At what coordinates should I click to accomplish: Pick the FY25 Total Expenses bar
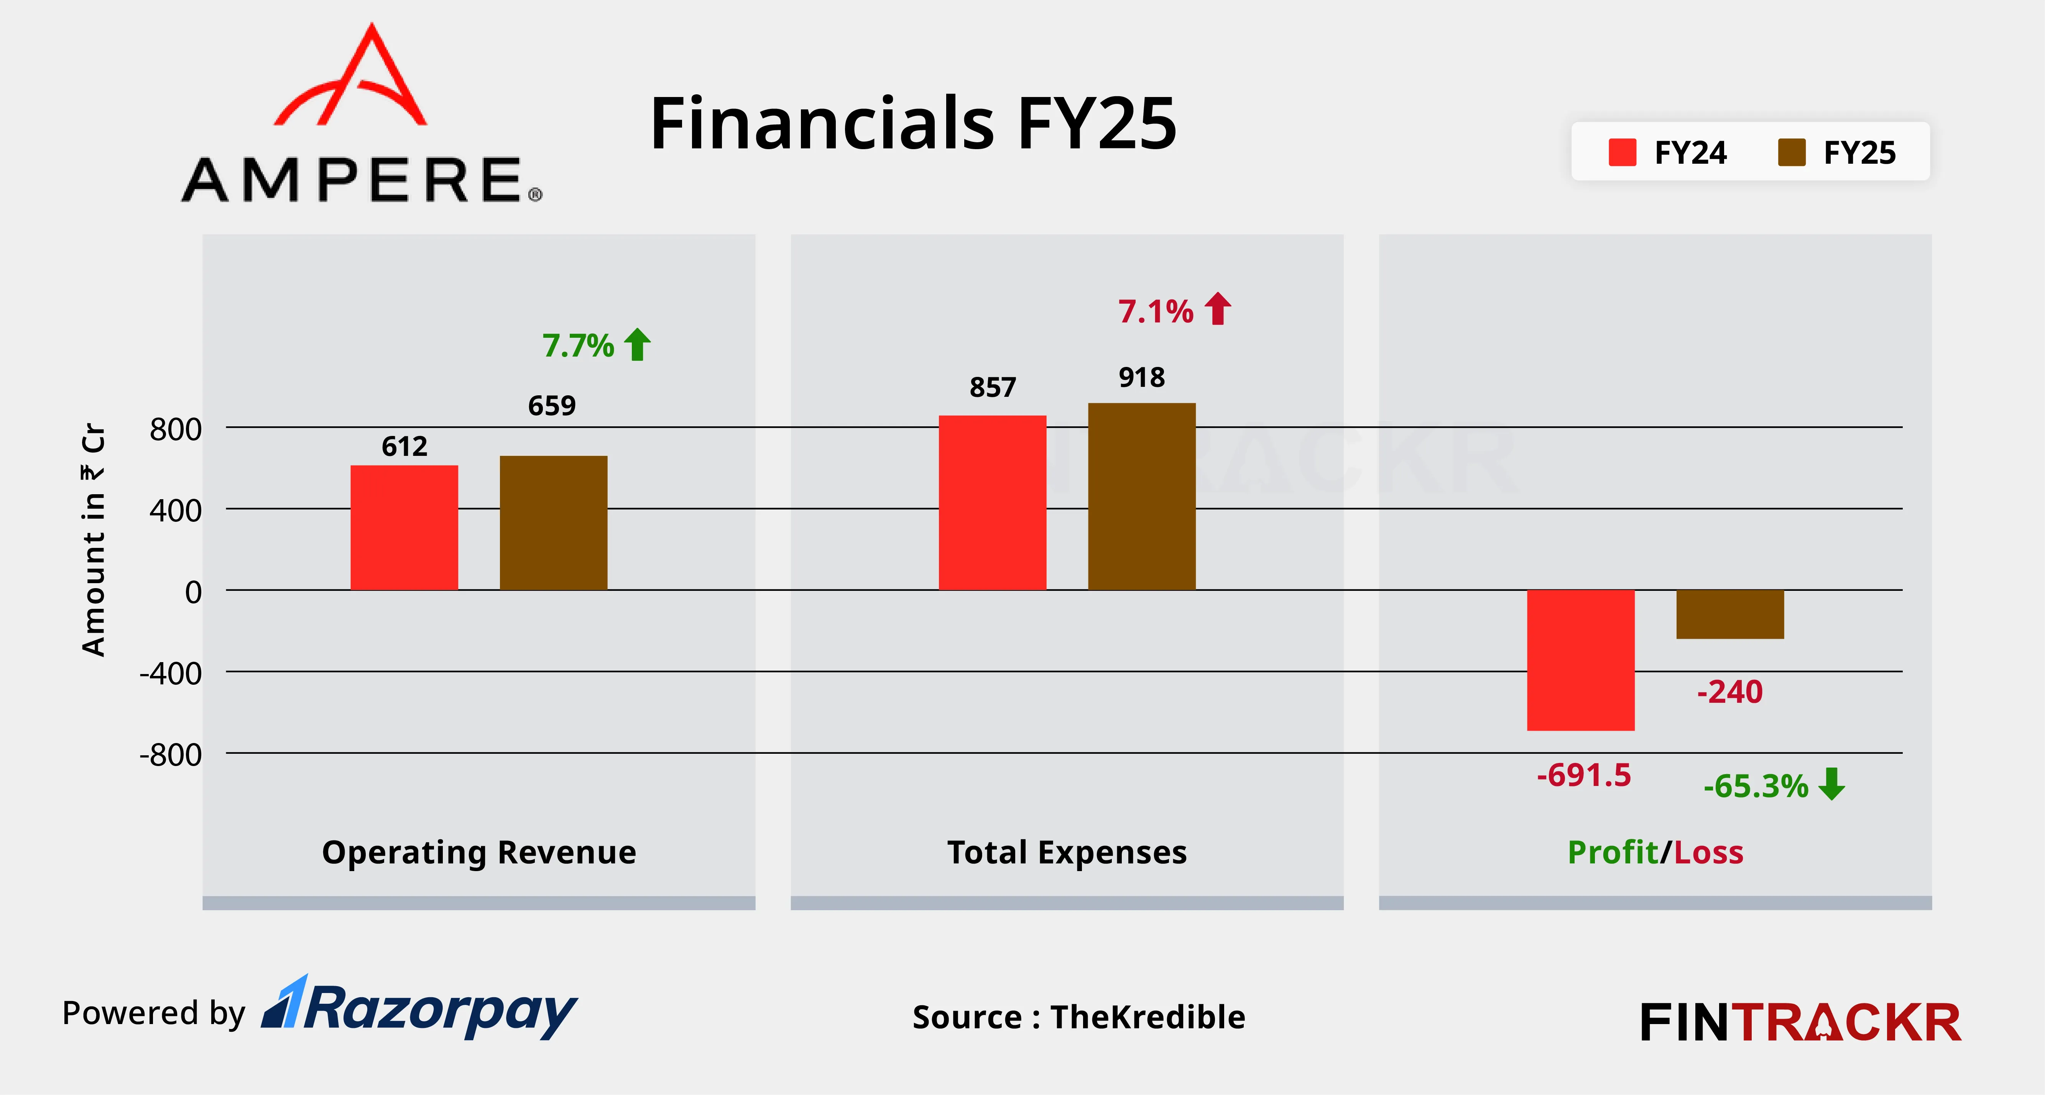tap(1142, 496)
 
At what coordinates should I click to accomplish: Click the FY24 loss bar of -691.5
tap(1581, 660)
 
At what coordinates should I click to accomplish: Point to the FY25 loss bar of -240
tap(1730, 614)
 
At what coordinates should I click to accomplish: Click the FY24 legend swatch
tap(1622, 153)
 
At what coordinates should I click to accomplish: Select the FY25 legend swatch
tap(1792, 153)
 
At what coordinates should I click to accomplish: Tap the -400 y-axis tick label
tap(171, 673)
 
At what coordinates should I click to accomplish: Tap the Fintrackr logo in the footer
tap(1800, 1022)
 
